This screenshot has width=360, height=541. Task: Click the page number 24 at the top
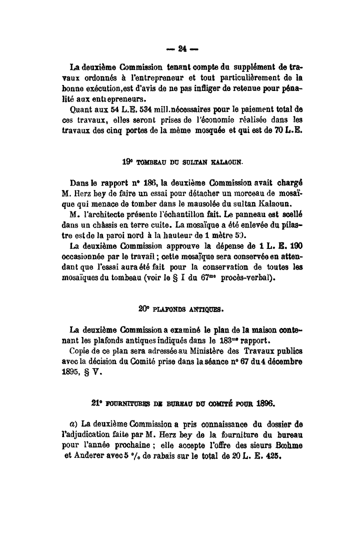181,48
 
